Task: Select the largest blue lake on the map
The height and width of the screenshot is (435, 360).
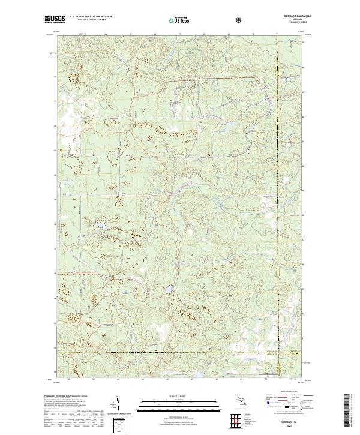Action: point(170,289)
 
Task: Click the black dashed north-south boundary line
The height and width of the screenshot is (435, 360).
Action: point(278,180)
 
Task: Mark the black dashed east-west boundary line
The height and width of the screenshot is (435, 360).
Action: point(180,353)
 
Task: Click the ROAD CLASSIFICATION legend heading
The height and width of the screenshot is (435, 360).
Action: point(286,394)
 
